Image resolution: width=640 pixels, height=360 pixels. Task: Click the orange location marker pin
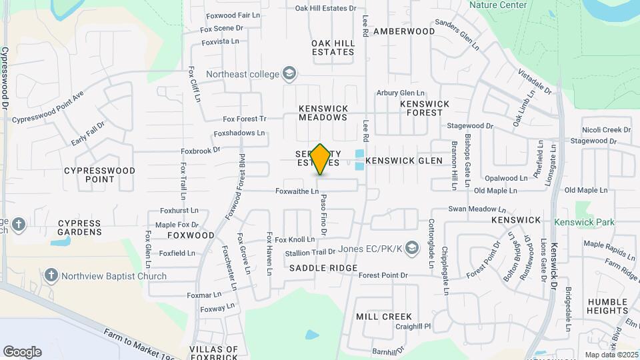click(x=320, y=159)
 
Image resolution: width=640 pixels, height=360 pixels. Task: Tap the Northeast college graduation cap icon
click(x=289, y=73)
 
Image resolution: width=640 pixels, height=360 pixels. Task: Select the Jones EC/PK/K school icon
click(x=412, y=249)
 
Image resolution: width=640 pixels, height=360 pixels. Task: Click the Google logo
click(x=22, y=352)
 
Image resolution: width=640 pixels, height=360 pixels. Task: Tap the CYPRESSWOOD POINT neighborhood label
click(x=99, y=175)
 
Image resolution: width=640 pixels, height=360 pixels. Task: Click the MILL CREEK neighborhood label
click(x=384, y=317)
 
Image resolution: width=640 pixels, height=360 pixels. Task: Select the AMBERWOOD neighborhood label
click(x=404, y=31)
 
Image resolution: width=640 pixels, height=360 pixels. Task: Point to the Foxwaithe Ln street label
click(x=297, y=191)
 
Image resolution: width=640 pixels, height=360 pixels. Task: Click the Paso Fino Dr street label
click(x=323, y=215)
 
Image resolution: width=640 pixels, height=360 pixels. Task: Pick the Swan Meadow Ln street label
click(x=474, y=209)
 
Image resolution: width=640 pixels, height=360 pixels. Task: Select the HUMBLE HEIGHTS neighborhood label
click(x=607, y=306)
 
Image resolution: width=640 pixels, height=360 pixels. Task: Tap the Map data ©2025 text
click(x=611, y=355)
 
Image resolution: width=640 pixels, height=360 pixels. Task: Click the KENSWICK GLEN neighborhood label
click(x=404, y=161)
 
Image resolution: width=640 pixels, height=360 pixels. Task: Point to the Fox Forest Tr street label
click(x=245, y=119)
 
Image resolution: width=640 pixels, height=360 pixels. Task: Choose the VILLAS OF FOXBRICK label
click(x=213, y=353)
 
